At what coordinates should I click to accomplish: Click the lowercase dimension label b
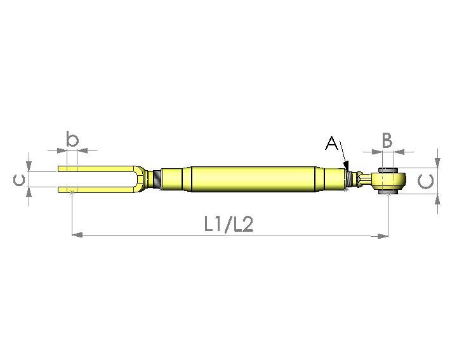click(72, 139)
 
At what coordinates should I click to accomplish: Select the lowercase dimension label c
click(19, 180)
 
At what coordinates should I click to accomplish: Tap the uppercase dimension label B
click(387, 140)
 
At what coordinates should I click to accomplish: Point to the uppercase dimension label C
click(428, 182)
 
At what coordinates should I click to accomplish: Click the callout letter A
click(331, 143)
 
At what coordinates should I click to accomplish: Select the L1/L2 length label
click(229, 224)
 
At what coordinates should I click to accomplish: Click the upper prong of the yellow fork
click(95, 169)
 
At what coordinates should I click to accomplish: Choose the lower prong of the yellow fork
click(95, 189)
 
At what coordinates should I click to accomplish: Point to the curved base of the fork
click(136, 178)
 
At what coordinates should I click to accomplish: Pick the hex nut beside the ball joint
click(361, 178)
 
